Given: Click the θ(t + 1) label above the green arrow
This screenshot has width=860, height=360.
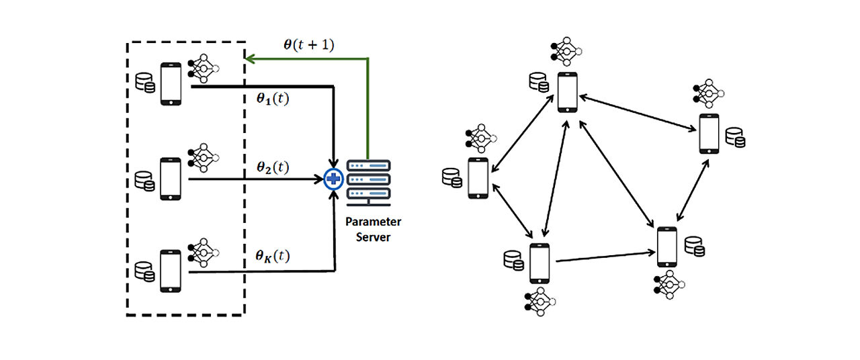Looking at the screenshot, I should pyautogui.click(x=308, y=46).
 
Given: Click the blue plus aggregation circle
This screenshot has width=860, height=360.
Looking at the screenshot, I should pyautogui.click(x=333, y=179).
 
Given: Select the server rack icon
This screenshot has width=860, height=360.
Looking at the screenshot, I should pyautogui.click(x=368, y=181).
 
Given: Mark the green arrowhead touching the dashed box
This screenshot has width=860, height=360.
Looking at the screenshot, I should pyautogui.click(x=249, y=59).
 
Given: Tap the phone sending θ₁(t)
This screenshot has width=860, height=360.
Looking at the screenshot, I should pyautogui.click(x=171, y=84).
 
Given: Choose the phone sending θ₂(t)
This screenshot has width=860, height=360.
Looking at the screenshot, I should pyautogui.click(x=171, y=179).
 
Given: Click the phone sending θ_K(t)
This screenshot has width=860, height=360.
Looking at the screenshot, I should pyautogui.click(x=171, y=271).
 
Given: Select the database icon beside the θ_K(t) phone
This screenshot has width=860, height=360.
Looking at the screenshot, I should pyautogui.click(x=144, y=271).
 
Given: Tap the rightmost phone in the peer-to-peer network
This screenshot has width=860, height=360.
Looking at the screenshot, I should pyautogui.click(x=709, y=134).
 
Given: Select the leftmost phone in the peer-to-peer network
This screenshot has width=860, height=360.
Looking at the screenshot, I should pyautogui.click(x=477, y=178).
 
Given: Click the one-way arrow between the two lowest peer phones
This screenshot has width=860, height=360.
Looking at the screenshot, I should pyautogui.click(x=605, y=257).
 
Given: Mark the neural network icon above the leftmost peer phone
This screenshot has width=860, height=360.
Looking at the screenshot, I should pyautogui.click(x=479, y=138).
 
